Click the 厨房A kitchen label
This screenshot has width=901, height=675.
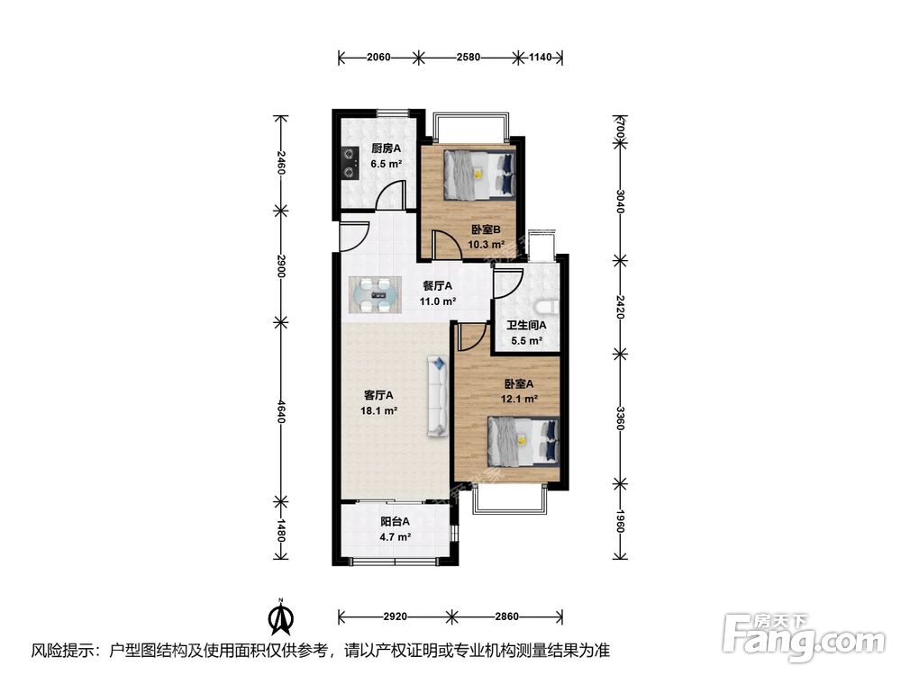(386, 148)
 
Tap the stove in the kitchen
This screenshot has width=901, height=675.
(348, 162)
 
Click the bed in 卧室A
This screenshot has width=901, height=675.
(523, 440)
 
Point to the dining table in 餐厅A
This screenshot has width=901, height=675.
(374, 295)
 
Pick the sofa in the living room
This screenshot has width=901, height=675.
(437, 395)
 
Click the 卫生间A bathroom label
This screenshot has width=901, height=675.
(526, 325)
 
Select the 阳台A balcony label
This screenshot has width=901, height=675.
(395, 522)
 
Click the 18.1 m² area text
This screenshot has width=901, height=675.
(378, 411)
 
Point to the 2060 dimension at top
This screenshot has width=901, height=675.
(378, 57)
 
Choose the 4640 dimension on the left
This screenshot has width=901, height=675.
(280, 411)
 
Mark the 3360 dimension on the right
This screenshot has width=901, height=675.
(620, 418)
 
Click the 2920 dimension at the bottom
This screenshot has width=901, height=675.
(395, 617)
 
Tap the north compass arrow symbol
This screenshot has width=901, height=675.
(281, 616)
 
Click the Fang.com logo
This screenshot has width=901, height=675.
(804, 637)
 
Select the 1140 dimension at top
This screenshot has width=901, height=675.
(540, 57)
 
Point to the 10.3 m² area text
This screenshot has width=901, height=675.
(486, 245)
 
